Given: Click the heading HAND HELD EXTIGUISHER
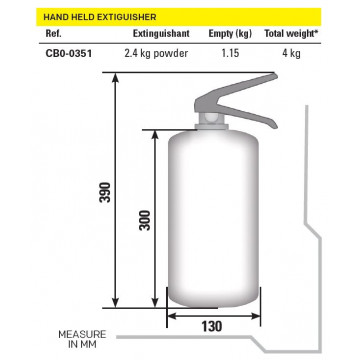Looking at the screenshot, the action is pos(100,17).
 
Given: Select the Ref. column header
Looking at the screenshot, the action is pos(53,34).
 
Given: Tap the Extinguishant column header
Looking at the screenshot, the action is pos(161,34).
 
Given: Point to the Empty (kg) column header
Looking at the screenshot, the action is pos(230,34).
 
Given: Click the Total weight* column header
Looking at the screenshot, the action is pos(290,34).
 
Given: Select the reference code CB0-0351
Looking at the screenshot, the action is pos(68,53).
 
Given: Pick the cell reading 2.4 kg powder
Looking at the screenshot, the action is pos(156,53).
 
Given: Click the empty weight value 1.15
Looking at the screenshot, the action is pos(230,53).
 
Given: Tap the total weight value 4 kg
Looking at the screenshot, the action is pos(291,53).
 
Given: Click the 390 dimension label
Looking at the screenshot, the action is pos(105,192).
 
